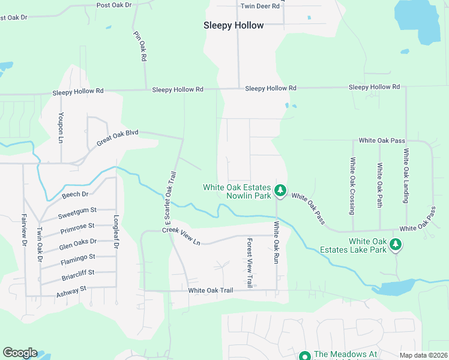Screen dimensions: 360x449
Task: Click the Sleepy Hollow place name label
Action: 234,25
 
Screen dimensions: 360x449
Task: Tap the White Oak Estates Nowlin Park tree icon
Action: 280,190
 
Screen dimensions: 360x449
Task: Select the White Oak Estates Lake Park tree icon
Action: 395,244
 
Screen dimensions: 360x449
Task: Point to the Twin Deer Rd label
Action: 260,6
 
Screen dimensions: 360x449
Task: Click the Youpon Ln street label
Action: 61,127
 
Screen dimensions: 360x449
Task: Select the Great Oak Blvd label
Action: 118,138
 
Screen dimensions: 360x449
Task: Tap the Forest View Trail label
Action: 250,262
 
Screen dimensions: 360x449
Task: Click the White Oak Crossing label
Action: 353,185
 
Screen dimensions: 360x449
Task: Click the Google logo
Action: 20,353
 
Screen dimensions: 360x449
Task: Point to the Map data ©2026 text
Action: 423,355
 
